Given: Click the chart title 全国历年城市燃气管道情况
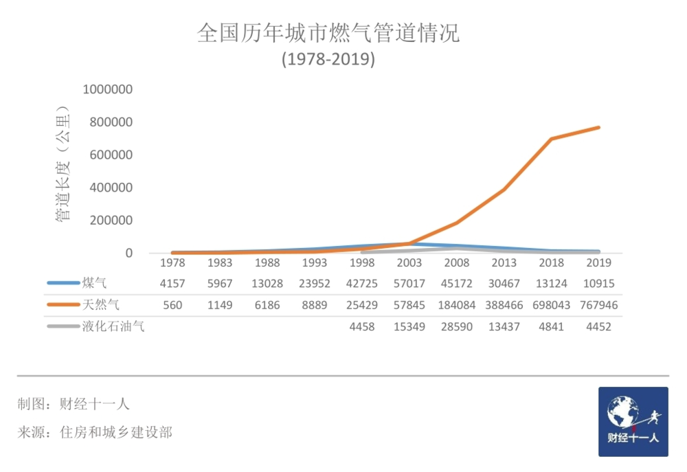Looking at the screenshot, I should coord(328,33).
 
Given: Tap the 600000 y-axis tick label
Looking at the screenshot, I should coord(111,155).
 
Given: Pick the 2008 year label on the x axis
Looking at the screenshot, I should coord(457,262).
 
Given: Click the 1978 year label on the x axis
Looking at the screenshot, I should coord(172,262).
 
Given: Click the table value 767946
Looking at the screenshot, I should coord(598,305).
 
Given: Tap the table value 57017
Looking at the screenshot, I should coord(409,283).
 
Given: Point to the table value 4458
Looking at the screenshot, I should coord(362,327).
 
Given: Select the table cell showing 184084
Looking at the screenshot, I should coord(457,305).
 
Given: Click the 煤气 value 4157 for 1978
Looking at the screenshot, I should coord(172,283).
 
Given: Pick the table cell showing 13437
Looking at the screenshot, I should coord(504,327).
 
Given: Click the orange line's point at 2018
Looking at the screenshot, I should coord(551,139).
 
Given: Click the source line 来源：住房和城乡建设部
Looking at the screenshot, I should coord(95,432).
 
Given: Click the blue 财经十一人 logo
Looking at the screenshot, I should coord(633,421).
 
